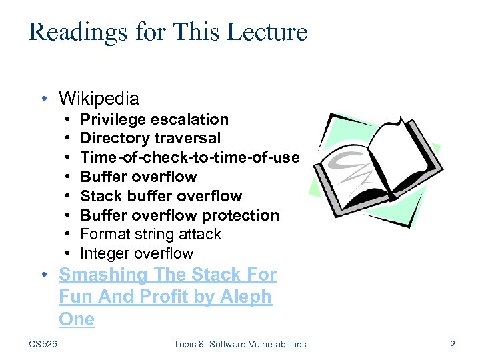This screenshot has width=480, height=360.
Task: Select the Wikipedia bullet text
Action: coord(99,99)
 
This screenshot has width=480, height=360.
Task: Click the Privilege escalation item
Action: coord(154,119)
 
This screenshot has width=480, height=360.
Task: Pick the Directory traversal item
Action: coord(150,138)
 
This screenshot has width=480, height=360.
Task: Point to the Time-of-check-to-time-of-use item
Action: coord(189,157)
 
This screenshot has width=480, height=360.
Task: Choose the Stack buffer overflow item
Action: coord(161,196)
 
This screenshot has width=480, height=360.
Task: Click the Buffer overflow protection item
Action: coord(179,215)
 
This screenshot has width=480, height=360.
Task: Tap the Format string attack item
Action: coord(150,234)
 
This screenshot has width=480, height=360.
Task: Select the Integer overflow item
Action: coord(137,253)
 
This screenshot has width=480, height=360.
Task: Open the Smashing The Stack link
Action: coord(167,275)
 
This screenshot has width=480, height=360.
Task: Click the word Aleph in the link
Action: coord(246,297)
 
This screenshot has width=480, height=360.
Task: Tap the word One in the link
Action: coord(77,319)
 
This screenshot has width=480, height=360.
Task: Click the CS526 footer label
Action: coord(43,344)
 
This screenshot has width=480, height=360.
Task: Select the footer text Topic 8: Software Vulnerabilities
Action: coord(239,344)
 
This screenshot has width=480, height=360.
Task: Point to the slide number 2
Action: coord(453,344)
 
